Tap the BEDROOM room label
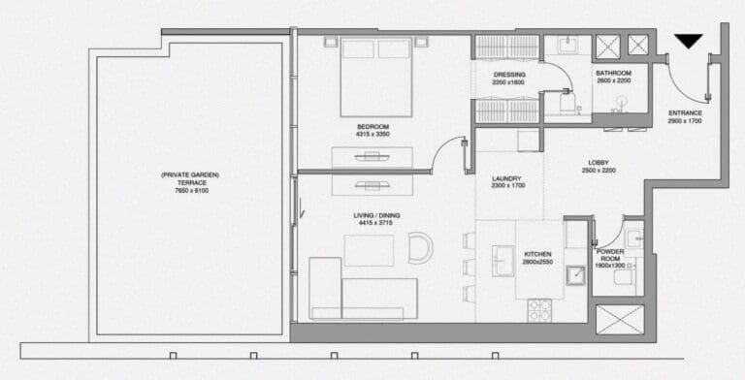372,127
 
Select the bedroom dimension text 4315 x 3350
372,136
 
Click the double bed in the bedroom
376,77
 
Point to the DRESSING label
508,75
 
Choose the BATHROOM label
613,74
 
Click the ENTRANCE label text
685,112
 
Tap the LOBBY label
599,162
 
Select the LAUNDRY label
506,178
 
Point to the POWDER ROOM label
610,254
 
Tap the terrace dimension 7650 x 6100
190,190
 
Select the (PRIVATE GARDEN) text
190,174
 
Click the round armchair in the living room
420,248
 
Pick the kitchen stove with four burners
539,310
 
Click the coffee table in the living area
368,251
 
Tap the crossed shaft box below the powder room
619,319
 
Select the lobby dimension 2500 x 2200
599,171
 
